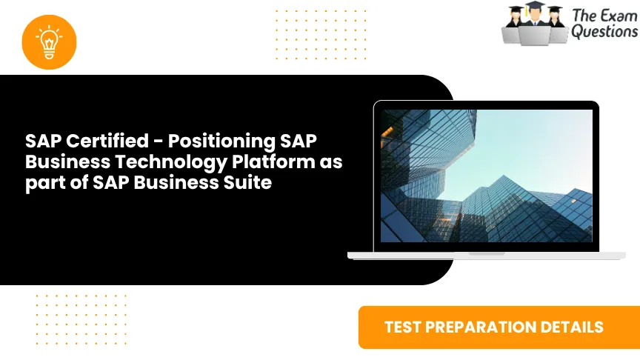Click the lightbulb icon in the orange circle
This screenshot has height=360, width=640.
coord(50,41)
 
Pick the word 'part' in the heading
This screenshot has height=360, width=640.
coord(42,182)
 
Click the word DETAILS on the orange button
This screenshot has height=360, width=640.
coord(576,327)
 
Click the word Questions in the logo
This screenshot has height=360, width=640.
coord(604,32)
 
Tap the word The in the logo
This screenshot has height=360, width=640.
coord(583,14)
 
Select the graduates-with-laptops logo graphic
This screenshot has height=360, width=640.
coord(533,24)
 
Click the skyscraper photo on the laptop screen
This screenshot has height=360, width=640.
coord(486,176)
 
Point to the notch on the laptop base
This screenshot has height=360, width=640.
coord(486,253)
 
